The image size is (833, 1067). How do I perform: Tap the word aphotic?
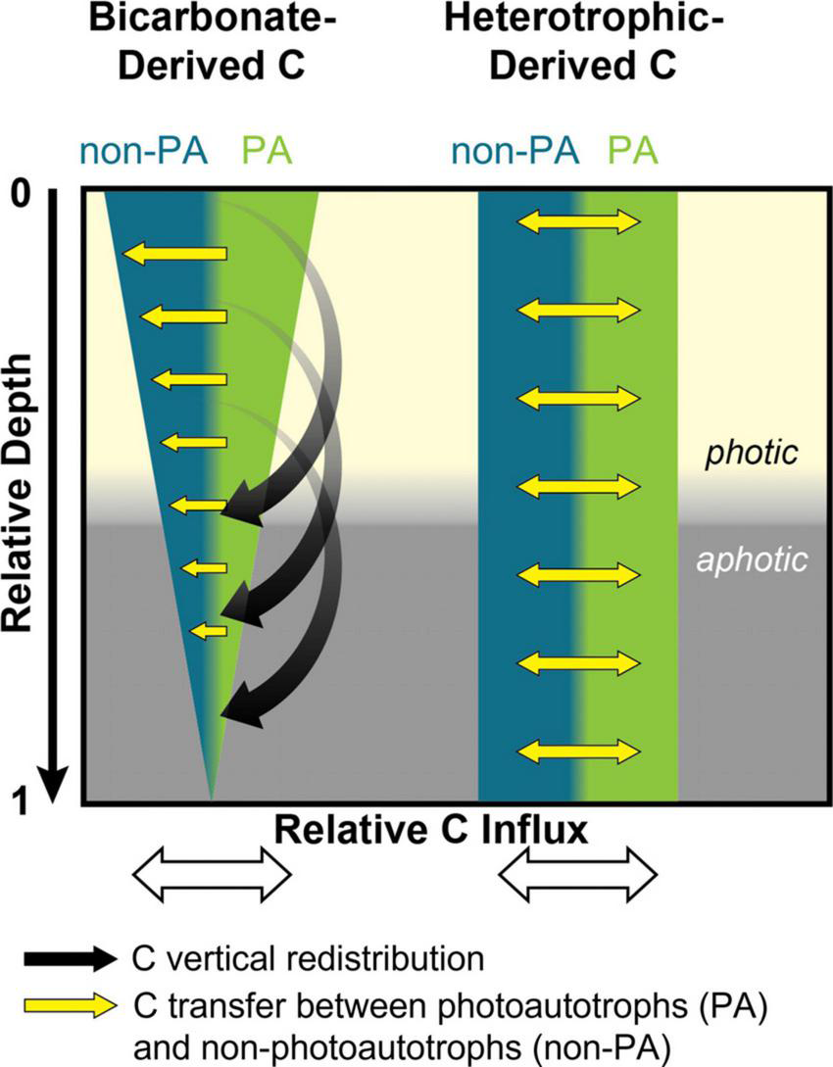click(x=753, y=559)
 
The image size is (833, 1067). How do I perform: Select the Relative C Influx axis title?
click(x=431, y=831)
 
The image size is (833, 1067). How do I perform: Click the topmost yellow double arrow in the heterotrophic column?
click(x=578, y=222)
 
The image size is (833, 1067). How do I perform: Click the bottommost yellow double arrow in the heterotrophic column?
click(x=578, y=752)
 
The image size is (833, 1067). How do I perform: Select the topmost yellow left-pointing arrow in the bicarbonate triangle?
click(x=176, y=254)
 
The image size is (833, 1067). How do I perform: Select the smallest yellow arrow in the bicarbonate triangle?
click(x=208, y=630)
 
